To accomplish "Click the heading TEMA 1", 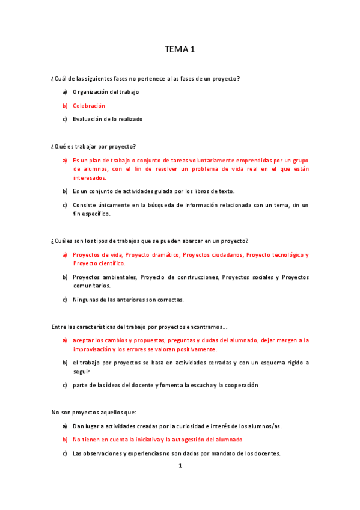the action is click(x=180, y=50).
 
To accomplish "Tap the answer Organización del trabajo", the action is click(x=106, y=92).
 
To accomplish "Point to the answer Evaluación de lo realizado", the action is click(x=108, y=119).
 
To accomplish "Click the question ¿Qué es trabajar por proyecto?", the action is click(x=94, y=146).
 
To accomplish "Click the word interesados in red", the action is click(x=90, y=178).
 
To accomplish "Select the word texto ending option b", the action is click(x=226, y=191).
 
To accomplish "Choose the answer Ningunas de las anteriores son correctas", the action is click(x=128, y=300).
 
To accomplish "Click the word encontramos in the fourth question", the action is click(x=206, y=327).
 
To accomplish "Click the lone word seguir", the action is click(x=81, y=372).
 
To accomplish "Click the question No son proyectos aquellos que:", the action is click(x=94, y=413).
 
